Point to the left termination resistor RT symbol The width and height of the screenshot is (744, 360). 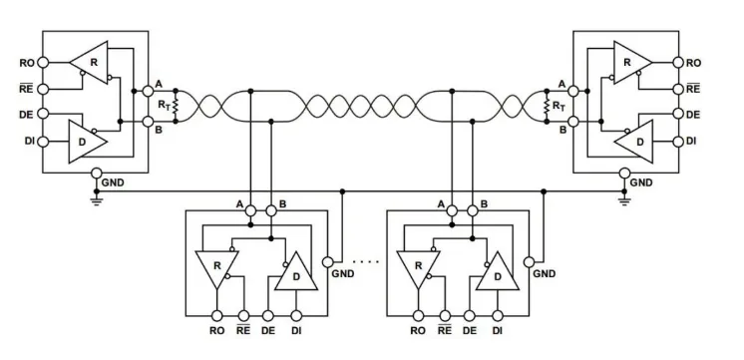(x=175, y=105)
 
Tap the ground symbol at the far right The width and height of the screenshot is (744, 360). (x=624, y=198)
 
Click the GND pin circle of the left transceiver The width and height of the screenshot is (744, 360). (x=96, y=173)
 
